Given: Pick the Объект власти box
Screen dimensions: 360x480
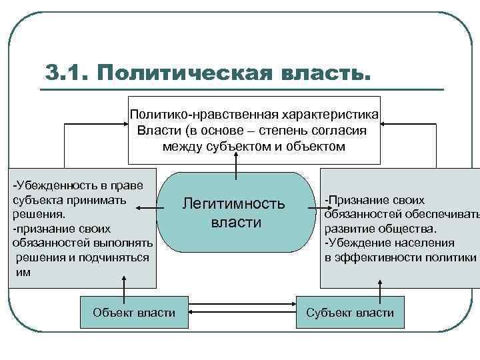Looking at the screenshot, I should point(134,312).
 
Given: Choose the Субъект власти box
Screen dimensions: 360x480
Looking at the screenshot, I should point(349,312).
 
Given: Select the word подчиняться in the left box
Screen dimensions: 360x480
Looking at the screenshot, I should point(111,258).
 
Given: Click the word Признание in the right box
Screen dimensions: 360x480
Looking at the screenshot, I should point(361,200).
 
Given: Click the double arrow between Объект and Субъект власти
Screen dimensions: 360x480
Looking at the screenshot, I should point(241,312).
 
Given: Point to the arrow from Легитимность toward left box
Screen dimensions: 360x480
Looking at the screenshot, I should point(146,209).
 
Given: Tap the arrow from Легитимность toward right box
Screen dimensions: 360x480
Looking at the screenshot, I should point(313,209).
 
